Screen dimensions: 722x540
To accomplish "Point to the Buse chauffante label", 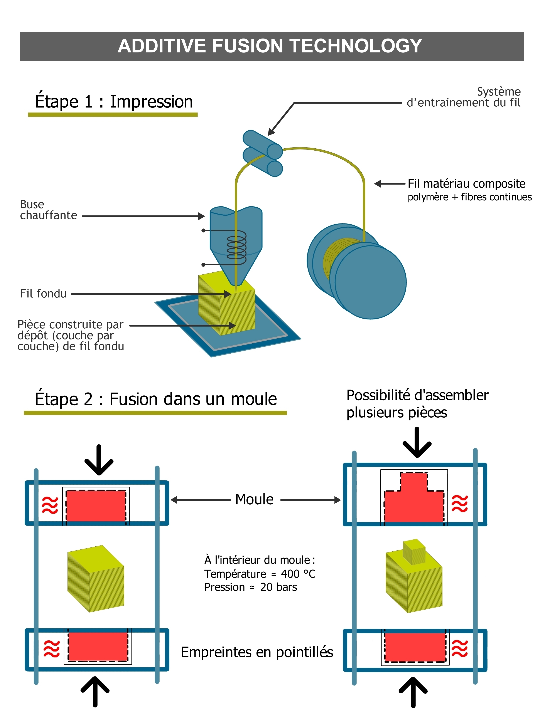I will pos(48,210).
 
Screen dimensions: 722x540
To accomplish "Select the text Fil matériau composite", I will pos(466,184).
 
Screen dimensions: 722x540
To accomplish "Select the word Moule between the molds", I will pos(254,499).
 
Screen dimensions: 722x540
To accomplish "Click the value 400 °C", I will pos(298,574).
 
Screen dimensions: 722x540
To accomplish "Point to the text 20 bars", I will pos(278,587).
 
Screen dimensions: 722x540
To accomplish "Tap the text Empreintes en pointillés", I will pos(257,652).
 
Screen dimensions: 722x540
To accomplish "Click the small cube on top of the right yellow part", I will pos(414,552).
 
